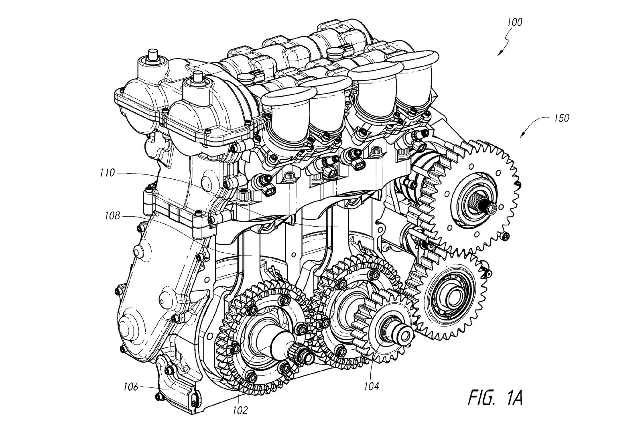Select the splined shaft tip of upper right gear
click(491, 207)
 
